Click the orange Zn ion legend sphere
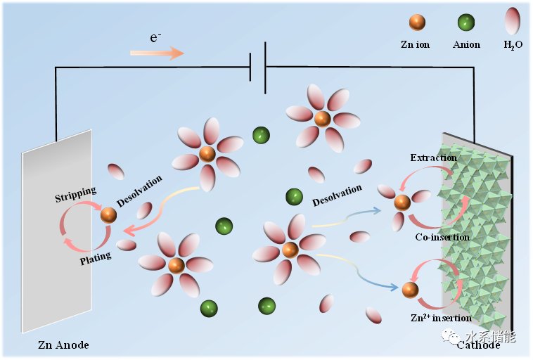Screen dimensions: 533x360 coord(417,22)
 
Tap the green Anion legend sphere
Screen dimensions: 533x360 coord(465,22)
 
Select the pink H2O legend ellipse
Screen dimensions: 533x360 coord(513,20)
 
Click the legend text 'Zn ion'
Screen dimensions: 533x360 coord(415,44)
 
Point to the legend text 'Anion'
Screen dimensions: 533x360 coord(466,44)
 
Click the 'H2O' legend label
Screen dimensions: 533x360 coord(513,45)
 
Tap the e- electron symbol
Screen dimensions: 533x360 coord(155,37)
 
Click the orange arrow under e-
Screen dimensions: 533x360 coord(157,53)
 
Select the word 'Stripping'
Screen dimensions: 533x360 coord(75,194)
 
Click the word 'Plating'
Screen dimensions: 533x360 coord(96,258)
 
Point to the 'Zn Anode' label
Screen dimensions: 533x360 coord(63,345)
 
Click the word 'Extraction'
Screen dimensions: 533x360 coord(433,157)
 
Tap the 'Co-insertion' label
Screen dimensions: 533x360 coord(442,237)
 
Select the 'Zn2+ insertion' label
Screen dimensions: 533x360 coord(441,318)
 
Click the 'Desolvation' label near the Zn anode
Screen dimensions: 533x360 coord(139,191)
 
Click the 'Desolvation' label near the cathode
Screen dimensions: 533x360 coord(337,195)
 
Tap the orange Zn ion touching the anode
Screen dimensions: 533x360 coord(109,215)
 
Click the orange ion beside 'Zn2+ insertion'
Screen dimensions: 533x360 coord(410,290)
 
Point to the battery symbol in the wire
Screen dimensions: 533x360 coord(257,67)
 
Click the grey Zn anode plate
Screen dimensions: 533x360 coord(57,231)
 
